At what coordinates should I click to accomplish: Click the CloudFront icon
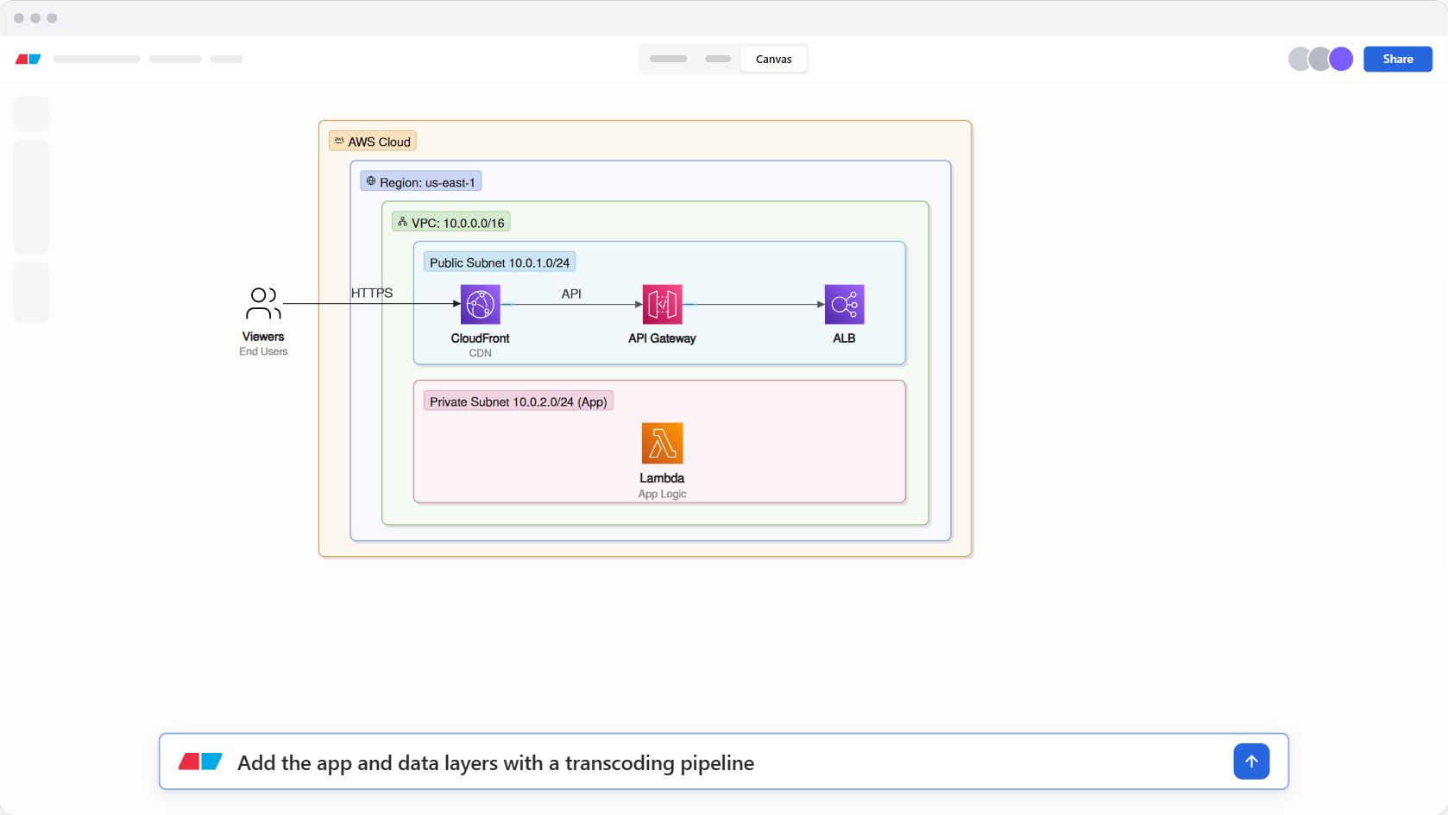click(x=480, y=304)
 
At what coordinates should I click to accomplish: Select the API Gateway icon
click(x=662, y=304)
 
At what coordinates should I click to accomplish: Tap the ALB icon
click(x=844, y=304)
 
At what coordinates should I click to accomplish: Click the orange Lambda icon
click(x=662, y=443)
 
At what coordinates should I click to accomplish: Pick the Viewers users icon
click(x=263, y=303)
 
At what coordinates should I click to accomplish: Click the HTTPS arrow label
click(x=372, y=293)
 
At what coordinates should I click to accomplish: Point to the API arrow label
click(x=570, y=294)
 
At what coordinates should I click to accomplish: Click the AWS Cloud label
click(x=372, y=142)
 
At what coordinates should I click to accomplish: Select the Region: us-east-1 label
click(x=421, y=182)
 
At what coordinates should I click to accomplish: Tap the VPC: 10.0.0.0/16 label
click(x=451, y=223)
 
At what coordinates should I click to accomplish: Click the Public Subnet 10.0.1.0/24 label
click(x=500, y=262)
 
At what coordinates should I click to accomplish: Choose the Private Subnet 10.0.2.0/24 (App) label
click(x=519, y=401)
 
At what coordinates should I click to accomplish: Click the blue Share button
click(x=1398, y=59)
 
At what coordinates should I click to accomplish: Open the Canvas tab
click(x=774, y=59)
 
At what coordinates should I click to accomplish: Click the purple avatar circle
click(x=1341, y=59)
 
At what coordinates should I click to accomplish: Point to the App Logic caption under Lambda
click(x=662, y=494)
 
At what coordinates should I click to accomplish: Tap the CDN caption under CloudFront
click(x=480, y=353)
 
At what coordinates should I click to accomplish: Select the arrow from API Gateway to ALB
click(x=753, y=304)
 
